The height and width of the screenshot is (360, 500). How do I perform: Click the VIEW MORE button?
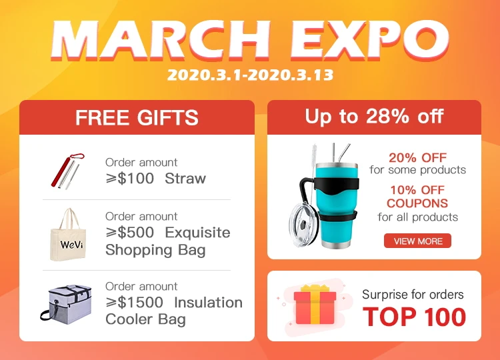coord(417,241)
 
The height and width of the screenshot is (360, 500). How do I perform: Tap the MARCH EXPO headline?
coord(250,41)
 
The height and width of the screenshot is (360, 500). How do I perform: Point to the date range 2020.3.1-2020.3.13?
coord(250,75)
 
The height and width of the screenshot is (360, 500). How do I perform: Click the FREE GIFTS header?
coord(137,117)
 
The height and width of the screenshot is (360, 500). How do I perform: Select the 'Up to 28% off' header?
coord(374,117)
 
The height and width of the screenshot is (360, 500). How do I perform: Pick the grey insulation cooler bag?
coord(66,305)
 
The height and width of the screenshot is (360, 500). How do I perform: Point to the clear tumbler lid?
coord(303,225)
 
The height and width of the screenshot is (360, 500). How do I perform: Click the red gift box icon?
coord(315,305)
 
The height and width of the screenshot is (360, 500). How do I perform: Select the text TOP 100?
coord(414,317)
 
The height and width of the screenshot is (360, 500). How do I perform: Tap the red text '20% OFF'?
coord(417,157)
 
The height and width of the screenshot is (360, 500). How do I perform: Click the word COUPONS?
coord(417,203)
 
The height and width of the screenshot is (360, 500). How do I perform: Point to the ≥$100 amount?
coord(130,178)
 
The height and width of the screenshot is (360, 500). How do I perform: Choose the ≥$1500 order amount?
coord(134,302)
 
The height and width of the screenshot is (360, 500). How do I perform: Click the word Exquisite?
coord(198,232)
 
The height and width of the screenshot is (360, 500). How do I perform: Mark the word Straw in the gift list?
coord(185,178)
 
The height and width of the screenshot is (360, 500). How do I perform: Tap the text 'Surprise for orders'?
coord(413,294)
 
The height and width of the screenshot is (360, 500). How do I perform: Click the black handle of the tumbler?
coord(307,195)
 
